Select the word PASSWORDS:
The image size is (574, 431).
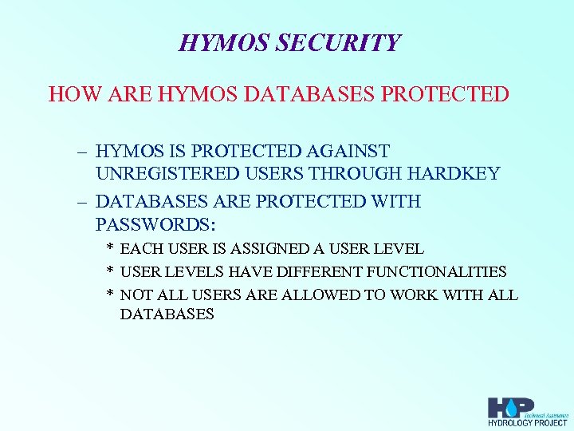tap(155, 223)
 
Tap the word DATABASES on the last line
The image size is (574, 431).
tap(167, 314)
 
